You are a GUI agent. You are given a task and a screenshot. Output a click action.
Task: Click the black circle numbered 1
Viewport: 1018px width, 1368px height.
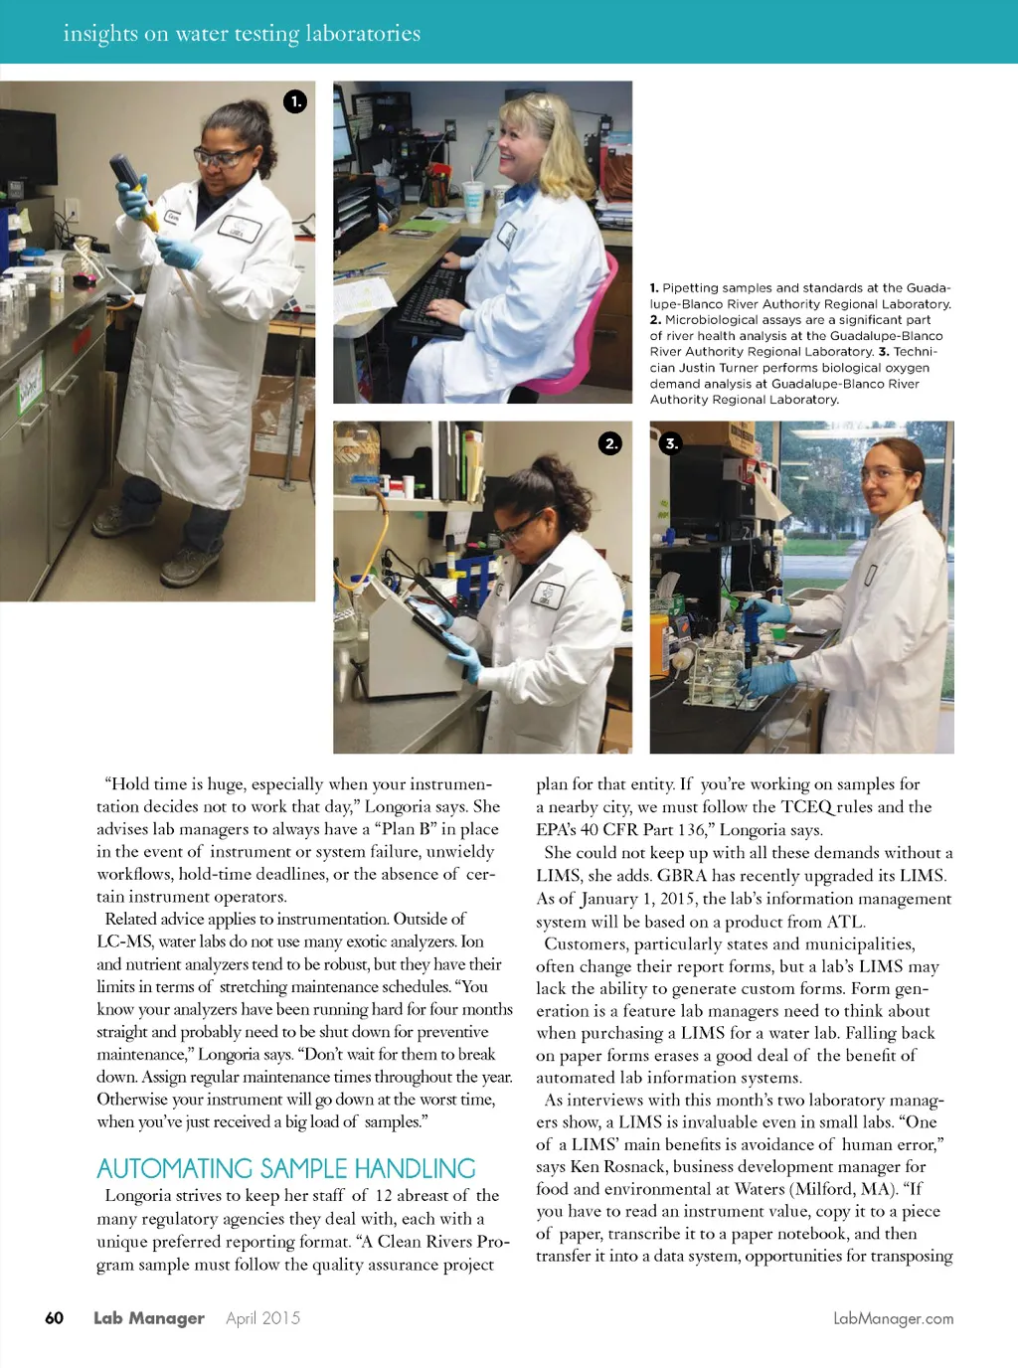click(295, 101)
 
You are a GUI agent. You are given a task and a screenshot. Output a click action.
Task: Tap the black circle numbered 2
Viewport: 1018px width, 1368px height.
click(610, 443)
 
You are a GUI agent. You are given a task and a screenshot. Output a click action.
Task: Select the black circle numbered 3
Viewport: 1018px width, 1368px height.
click(671, 443)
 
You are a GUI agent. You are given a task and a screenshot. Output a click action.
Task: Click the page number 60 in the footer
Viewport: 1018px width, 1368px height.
click(54, 1318)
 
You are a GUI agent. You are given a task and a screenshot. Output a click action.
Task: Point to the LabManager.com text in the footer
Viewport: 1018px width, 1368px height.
click(893, 1318)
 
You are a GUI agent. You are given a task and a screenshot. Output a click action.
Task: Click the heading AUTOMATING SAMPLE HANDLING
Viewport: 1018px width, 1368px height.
click(286, 1168)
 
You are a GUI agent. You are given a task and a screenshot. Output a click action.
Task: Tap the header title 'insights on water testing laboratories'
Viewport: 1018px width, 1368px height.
click(242, 33)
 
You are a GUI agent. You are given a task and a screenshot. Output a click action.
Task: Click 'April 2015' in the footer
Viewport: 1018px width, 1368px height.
click(262, 1318)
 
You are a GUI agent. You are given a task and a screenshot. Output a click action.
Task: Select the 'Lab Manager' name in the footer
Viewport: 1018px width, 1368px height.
click(149, 1318)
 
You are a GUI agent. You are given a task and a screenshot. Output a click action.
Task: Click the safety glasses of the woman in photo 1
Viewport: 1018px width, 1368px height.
click(223, 156)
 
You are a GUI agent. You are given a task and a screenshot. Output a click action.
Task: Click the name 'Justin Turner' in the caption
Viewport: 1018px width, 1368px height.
click(720, 368)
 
